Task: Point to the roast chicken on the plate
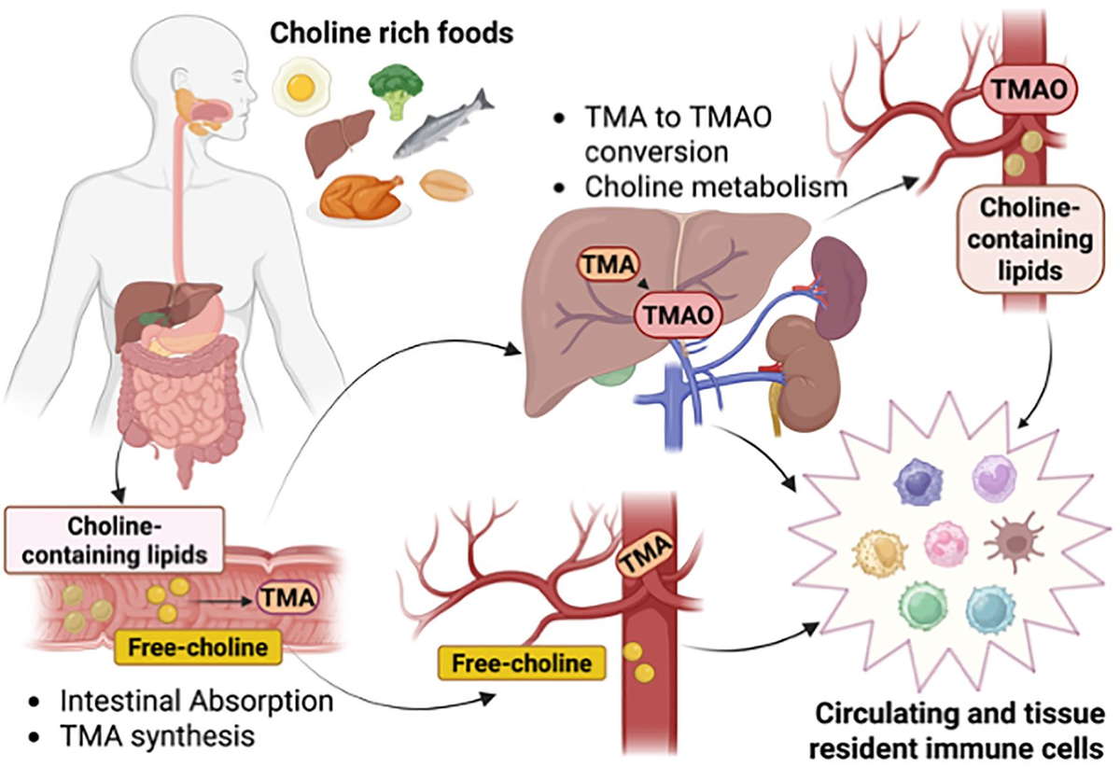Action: pos(359,193)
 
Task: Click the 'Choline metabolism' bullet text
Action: pos(715,186)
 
